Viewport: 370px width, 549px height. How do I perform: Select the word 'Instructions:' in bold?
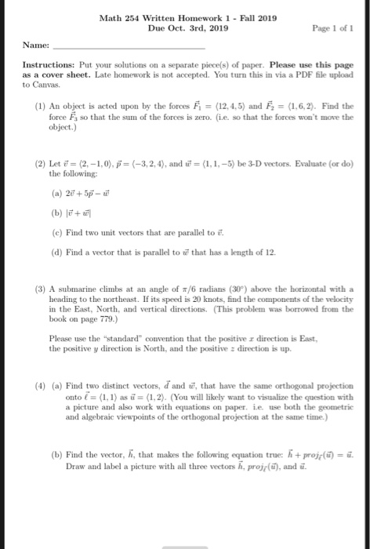tap(45, 63)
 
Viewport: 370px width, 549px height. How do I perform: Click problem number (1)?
tap(41, 104)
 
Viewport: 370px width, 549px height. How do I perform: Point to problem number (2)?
tap(41, 157)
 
